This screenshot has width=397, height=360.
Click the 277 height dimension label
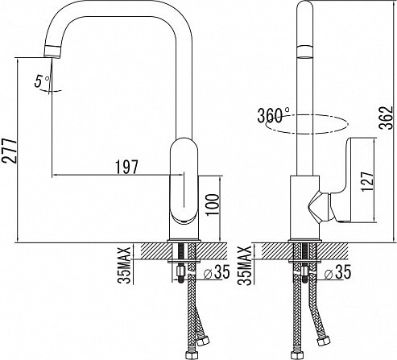click(x=10, y=151)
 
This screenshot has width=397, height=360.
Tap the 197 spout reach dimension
click(x=126, y=167)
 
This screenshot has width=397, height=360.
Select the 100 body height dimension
click(x=213, y=204)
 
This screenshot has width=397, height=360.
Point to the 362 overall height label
click(x=387, y=118)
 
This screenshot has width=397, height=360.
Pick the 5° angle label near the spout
click(x=42, y=81)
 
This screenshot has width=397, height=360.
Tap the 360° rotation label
click(x=274, y=115)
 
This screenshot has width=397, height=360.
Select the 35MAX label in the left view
click(x=124, y=265)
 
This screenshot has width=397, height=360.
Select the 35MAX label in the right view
click(x=245, y=265)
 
